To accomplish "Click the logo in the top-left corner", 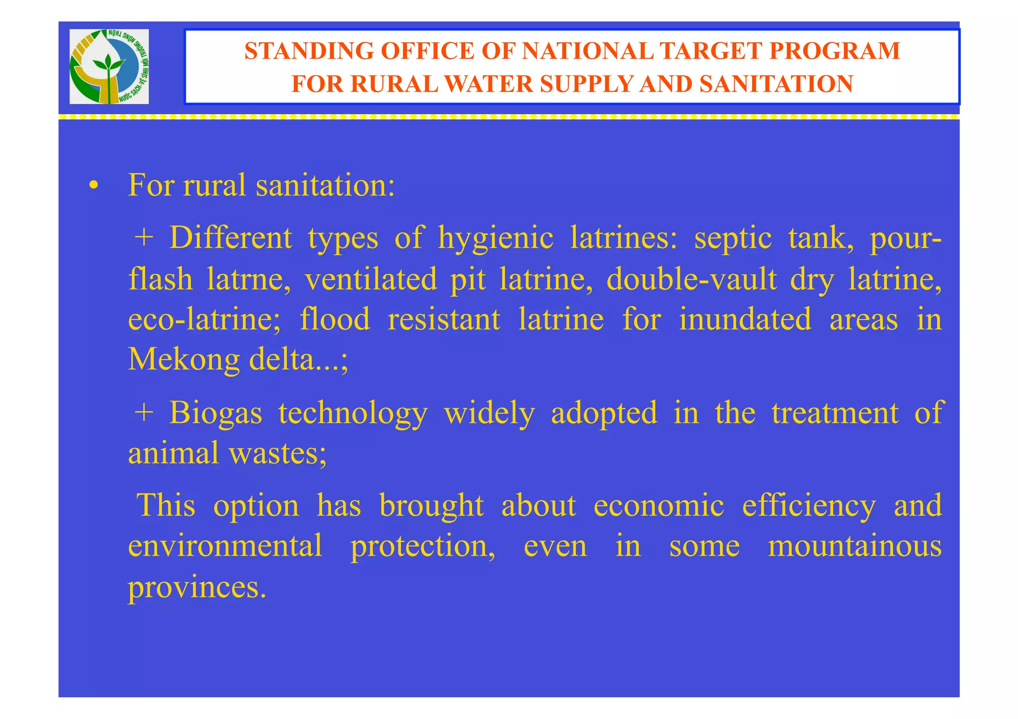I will (109, 67).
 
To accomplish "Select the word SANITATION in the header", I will (776, 84).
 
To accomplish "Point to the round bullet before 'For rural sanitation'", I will (93, 186).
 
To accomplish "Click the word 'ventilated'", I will (371, 279).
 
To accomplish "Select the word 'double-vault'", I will (691, 279).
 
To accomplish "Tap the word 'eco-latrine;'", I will (204, 319).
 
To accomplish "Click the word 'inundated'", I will (745, 319).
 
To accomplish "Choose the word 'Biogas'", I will (215, 413).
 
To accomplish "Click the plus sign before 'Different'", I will (144, 238).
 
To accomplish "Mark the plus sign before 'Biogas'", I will (144, 413).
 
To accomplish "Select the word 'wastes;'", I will (277, 453).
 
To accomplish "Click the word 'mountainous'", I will (854, 546).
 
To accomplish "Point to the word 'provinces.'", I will (197, 588).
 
